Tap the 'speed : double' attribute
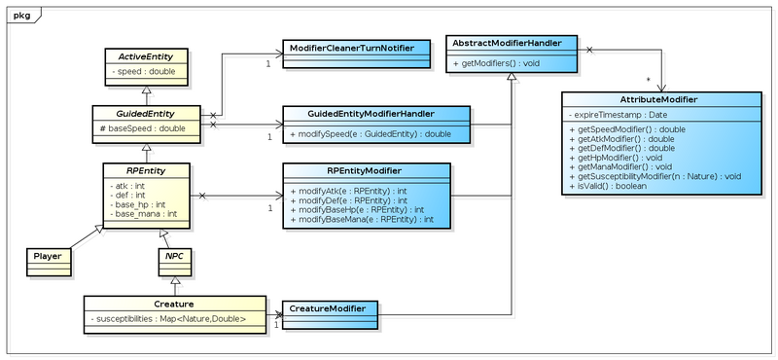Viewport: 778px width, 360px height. point(145,71)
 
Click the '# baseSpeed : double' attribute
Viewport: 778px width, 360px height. point(145,127)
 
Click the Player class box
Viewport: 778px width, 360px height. point(48,257)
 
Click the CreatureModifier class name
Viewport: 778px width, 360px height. point(329,308)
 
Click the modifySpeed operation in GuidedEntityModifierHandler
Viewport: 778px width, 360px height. point(371,132)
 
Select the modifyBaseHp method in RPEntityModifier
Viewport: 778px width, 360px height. point(356,210)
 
